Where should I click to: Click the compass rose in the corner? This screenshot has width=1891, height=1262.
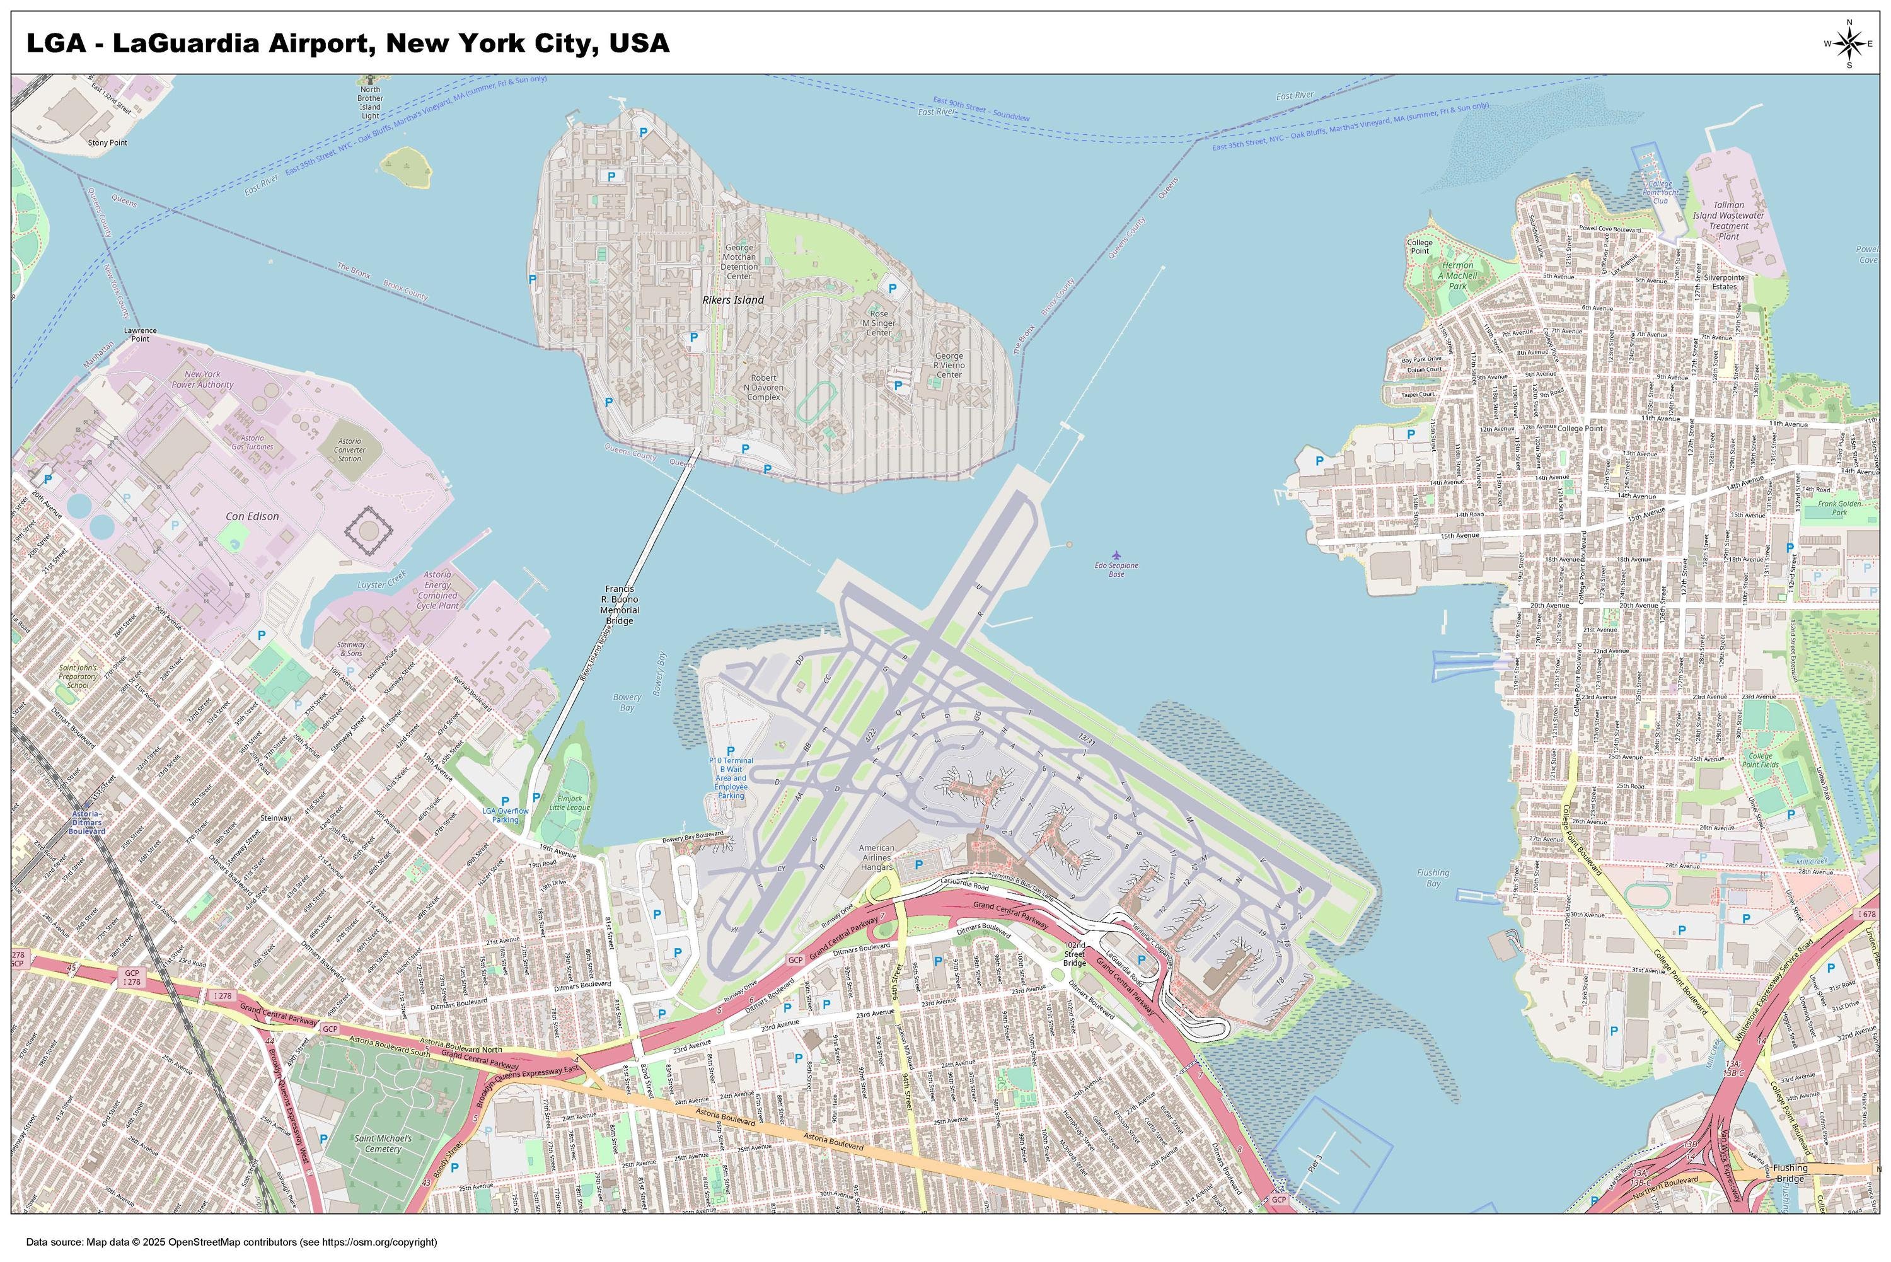[1848, 43]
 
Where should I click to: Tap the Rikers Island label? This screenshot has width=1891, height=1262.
[732, 299]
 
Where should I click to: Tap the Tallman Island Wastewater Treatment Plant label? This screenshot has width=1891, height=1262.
[1728, 221]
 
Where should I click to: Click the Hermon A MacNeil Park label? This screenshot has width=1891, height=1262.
[1457, 275]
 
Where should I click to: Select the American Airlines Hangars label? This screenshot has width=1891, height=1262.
[876, 857]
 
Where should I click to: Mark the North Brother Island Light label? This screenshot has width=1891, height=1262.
[370, 102]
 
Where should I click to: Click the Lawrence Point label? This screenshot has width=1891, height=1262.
[140, 335]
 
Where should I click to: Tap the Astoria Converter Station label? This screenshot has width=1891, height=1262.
[349, 449]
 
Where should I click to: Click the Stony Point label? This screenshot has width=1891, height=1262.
[108, 142]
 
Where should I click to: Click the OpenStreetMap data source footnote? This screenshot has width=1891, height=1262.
[232, 1242]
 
